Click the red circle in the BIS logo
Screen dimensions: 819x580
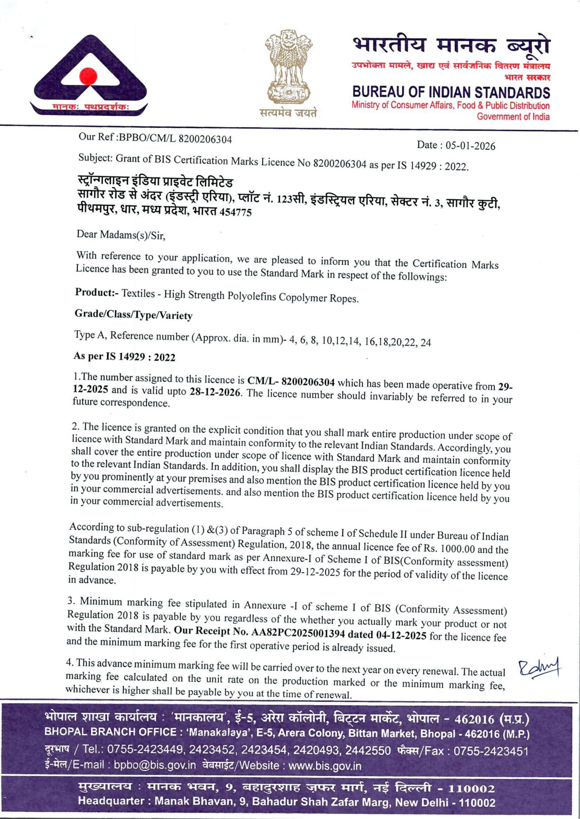click(x=88, y=76)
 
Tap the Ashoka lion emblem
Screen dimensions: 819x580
click(x=288, y=68)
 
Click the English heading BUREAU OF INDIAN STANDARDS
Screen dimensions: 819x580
click(x=451, y=92)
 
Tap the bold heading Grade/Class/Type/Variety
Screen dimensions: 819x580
click(x=133, y=314)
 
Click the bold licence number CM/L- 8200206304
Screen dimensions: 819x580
click(x=291, y=382)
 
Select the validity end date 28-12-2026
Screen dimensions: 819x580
click(x=215, y=392)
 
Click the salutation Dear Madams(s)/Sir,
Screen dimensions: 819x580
click(x=121, y=235)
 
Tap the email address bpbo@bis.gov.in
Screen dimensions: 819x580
click(x=154, y=765)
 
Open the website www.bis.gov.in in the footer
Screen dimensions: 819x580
click(x=324, y=766)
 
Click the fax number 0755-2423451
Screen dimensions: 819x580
click(x=491, y=751)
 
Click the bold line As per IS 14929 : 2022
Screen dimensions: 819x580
click(x=124, y=356)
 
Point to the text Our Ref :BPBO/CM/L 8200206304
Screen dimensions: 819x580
click(x=155, y=138)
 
